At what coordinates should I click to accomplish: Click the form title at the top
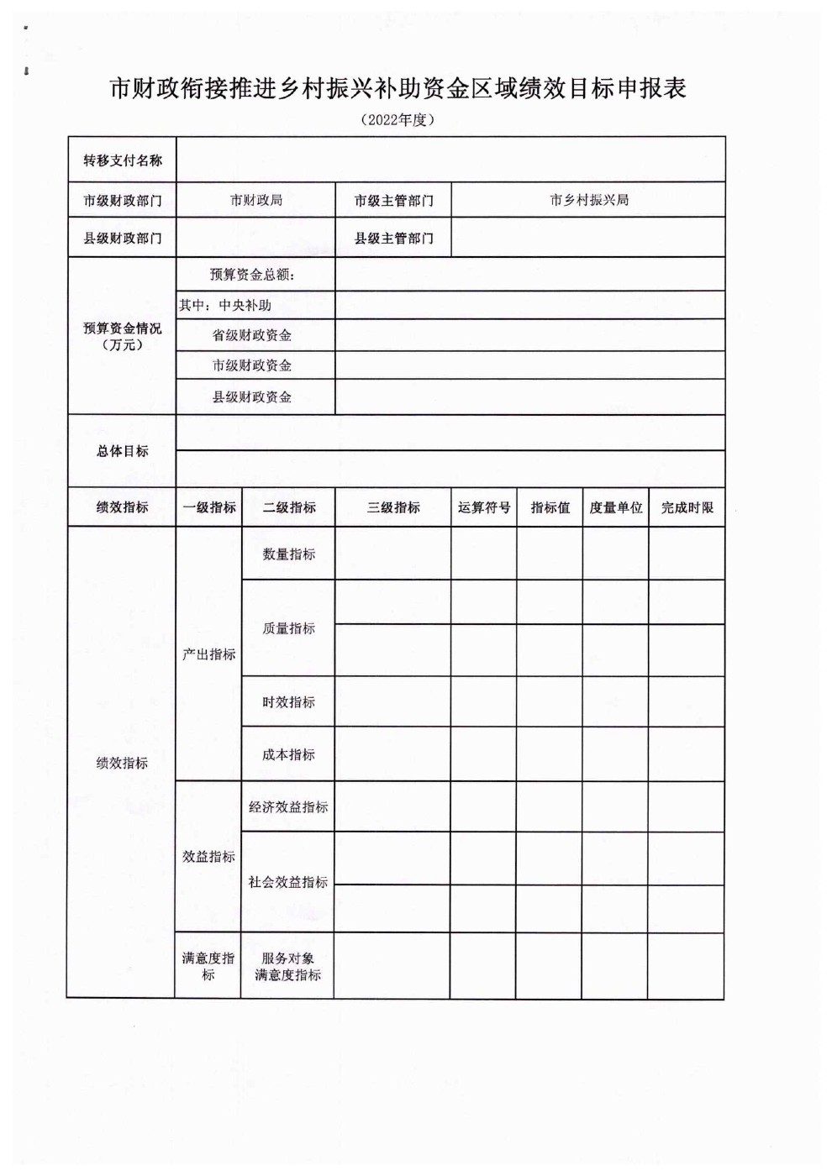coord(398,89)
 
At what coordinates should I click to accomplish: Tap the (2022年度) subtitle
coord(398,120)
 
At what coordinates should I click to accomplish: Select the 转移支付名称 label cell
coord(123,160)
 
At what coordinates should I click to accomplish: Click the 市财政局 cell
coord(256,201)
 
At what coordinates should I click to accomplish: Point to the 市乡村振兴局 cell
coord(589,201)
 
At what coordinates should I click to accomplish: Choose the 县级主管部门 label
coord(393,239)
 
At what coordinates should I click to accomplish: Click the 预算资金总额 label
coord(253,275)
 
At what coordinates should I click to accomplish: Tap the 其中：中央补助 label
coord(225,305)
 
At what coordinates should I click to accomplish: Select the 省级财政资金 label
coord(252,335)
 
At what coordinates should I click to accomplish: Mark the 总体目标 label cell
coord(123,451)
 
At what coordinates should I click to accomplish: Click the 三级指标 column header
coord(393,507)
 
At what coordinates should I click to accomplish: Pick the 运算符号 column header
coord(484,507)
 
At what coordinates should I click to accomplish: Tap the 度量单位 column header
coord(616,507)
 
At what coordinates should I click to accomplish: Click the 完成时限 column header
coord(687,507)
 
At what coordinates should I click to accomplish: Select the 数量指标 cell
coord(289,554)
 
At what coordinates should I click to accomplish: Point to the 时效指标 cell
coord(289,702)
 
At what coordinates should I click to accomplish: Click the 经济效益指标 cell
coord(288,807)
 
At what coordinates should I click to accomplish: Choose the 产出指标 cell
coord(209,654)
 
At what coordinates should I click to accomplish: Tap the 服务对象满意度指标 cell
coord(288,966)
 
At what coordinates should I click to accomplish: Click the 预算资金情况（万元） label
coord(123,336)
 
